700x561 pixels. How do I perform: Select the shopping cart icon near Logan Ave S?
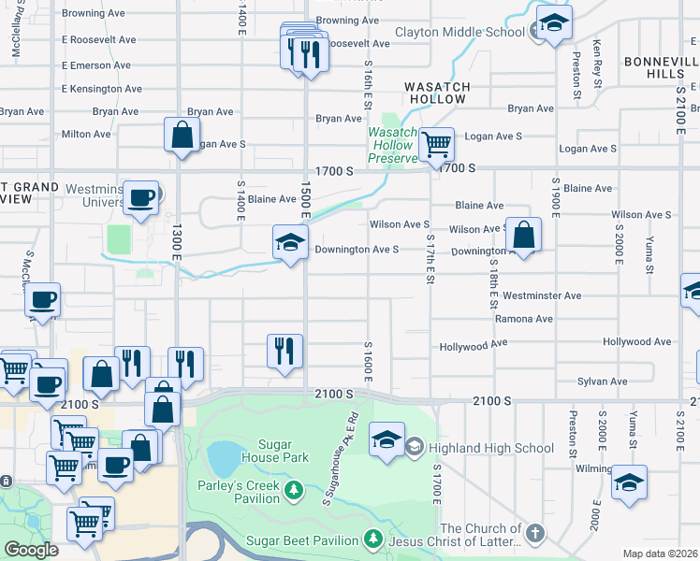(436, 145)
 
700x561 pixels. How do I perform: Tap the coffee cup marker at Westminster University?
(140, 198)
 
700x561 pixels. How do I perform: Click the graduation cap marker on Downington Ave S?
(290, 243)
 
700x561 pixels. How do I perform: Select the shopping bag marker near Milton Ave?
(182, 135)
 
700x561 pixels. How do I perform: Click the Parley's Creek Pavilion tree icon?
(294, 491)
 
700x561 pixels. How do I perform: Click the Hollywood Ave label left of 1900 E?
(474, 345)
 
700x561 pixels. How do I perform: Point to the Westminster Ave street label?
(542, 295)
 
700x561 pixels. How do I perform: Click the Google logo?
(31, 549)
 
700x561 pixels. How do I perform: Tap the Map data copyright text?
(660, 554)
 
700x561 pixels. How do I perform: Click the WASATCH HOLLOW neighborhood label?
(435, 93)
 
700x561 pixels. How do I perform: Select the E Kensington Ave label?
(102, 89)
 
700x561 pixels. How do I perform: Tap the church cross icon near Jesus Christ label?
(534, 534)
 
